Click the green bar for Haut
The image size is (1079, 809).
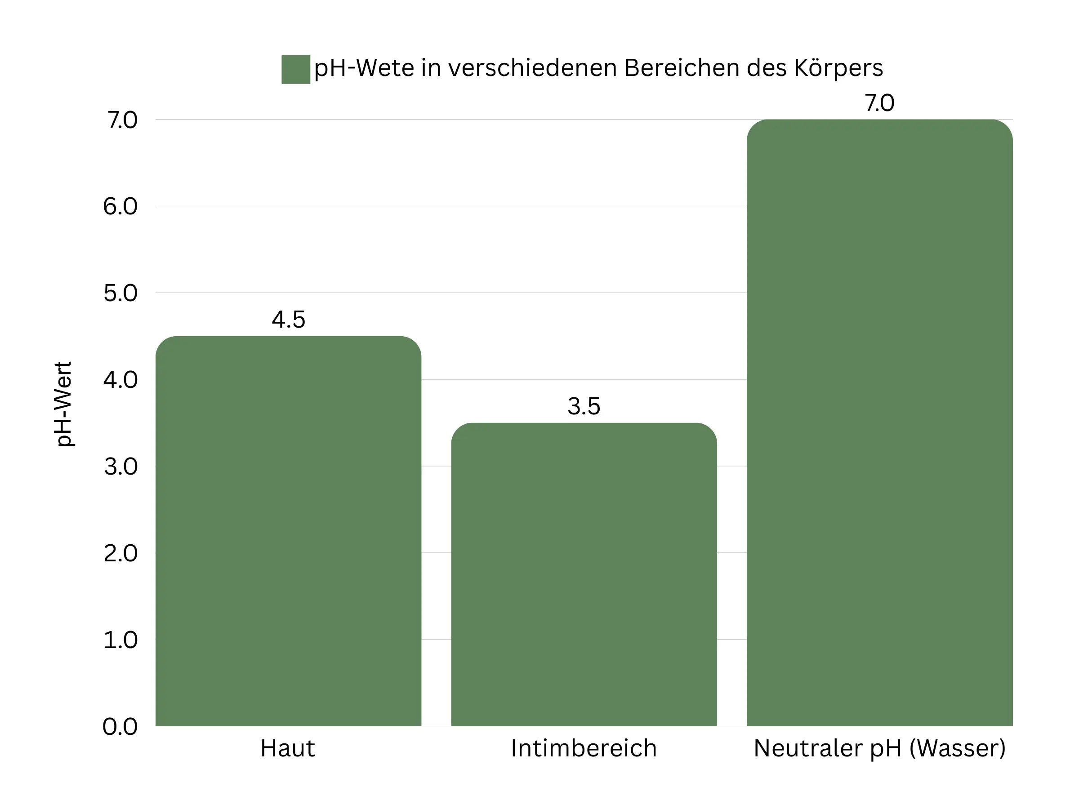pos(288,532)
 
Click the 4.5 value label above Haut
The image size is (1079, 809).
pos(288,320)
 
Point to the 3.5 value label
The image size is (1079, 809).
pos(584,406)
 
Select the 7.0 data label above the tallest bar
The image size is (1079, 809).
pos(879,103)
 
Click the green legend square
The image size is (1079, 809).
pos(296,69)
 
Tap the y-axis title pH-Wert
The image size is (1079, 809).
pos(64,404)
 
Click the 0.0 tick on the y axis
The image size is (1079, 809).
pos(120,727)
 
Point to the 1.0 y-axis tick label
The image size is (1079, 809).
pos(120,640)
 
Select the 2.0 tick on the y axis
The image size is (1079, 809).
pos(120,553)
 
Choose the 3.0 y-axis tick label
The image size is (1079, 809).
pos(120,467)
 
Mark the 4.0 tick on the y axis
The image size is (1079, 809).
pos(120,380)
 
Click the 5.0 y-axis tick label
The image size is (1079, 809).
pos(120,293)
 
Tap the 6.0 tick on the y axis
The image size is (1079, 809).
pos(120,206)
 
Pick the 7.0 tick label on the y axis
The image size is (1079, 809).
pos(122,120)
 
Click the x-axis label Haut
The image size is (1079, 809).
pos(288,748)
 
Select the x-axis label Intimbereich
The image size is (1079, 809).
pos(584,748)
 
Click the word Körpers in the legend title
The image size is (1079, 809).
pos(838,68)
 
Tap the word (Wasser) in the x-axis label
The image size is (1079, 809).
pos(958,748)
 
